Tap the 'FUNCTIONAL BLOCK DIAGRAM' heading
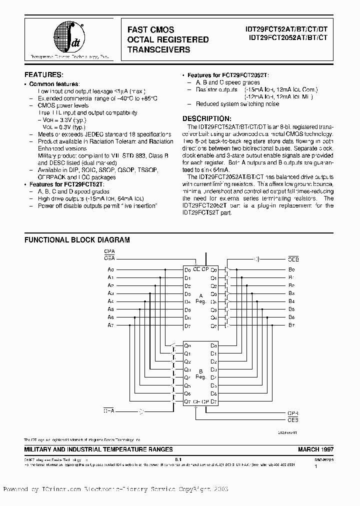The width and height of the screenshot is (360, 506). [77, 240]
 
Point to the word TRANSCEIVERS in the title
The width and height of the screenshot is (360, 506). [159, 49]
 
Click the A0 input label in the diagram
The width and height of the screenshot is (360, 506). [110, 270]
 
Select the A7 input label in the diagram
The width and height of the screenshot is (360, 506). [110, 325]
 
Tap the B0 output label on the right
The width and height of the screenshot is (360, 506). [291, 270]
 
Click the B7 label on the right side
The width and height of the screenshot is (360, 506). [291, 325]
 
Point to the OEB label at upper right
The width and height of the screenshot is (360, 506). [293, 259]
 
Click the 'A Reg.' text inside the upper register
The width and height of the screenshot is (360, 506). [200, 297]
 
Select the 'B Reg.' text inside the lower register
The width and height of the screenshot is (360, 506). [200, 373]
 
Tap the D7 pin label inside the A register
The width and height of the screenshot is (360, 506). [187, 326]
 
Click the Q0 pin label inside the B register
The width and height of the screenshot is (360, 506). [187, 345]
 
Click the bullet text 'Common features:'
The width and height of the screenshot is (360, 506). [54, 84]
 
